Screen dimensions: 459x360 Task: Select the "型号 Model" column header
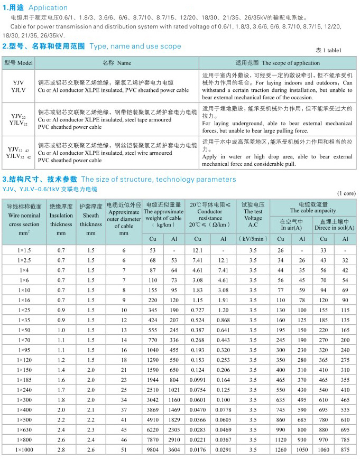[19, 62]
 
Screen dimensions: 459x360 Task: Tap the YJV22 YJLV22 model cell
[19, 119]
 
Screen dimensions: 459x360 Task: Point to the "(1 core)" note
[346, 193]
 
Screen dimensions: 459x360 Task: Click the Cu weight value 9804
[153, 449]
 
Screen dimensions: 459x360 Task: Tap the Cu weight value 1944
[153, 380]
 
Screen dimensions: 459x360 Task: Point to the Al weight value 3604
[174, 449]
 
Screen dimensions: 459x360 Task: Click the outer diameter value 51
[124, 449]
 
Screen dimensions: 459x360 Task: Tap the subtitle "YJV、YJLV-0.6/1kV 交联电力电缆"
[50, 189]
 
